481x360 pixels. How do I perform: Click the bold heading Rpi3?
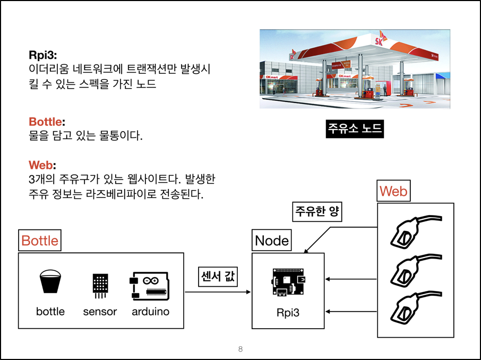pos(42,55)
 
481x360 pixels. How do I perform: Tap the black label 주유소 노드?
pos(355,129)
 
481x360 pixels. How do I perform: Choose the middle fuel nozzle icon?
pos(414,271)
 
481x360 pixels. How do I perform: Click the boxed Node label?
pos(272,241)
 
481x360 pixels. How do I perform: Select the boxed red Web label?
pos(394,191)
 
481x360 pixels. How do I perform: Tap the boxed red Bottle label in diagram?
pos(40,241)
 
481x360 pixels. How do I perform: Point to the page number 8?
pos(241,349)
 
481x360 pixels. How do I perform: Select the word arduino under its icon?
pos(150,312)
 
